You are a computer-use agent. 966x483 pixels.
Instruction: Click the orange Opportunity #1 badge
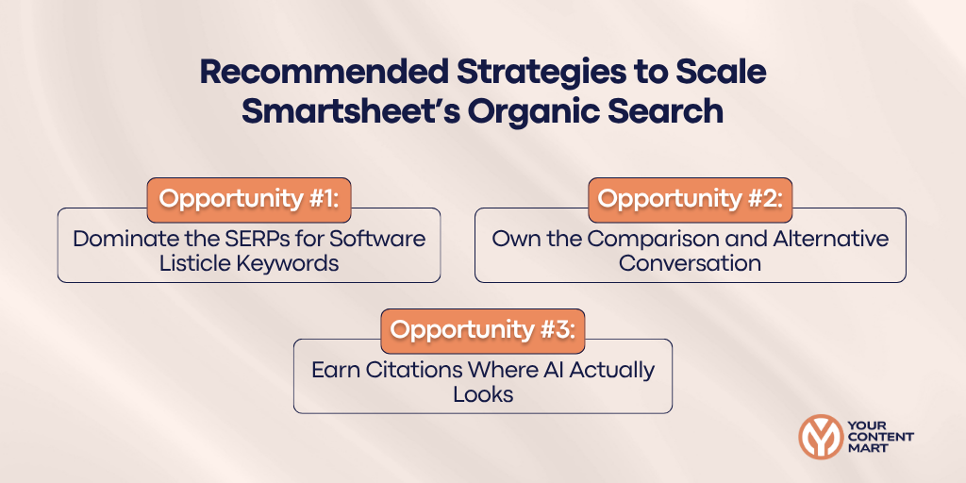pyautogui.click(x=249, y=200)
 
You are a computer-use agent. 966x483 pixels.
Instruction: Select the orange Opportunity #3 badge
pyautogui.click(x=483, y=331)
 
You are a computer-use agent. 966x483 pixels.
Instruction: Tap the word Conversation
pyautogui.click(x=690, y=263)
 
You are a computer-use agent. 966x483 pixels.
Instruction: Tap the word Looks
pyautogui.click(x=483, y=394)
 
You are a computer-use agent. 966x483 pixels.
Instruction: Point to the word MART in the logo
pyautogui.click(x=868, y=449)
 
